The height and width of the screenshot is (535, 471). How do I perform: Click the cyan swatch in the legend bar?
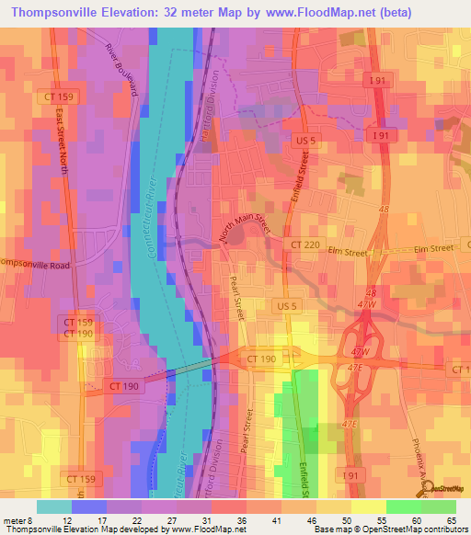[x=54, y=506]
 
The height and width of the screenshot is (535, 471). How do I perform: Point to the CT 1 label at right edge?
[x=460, y=369]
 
